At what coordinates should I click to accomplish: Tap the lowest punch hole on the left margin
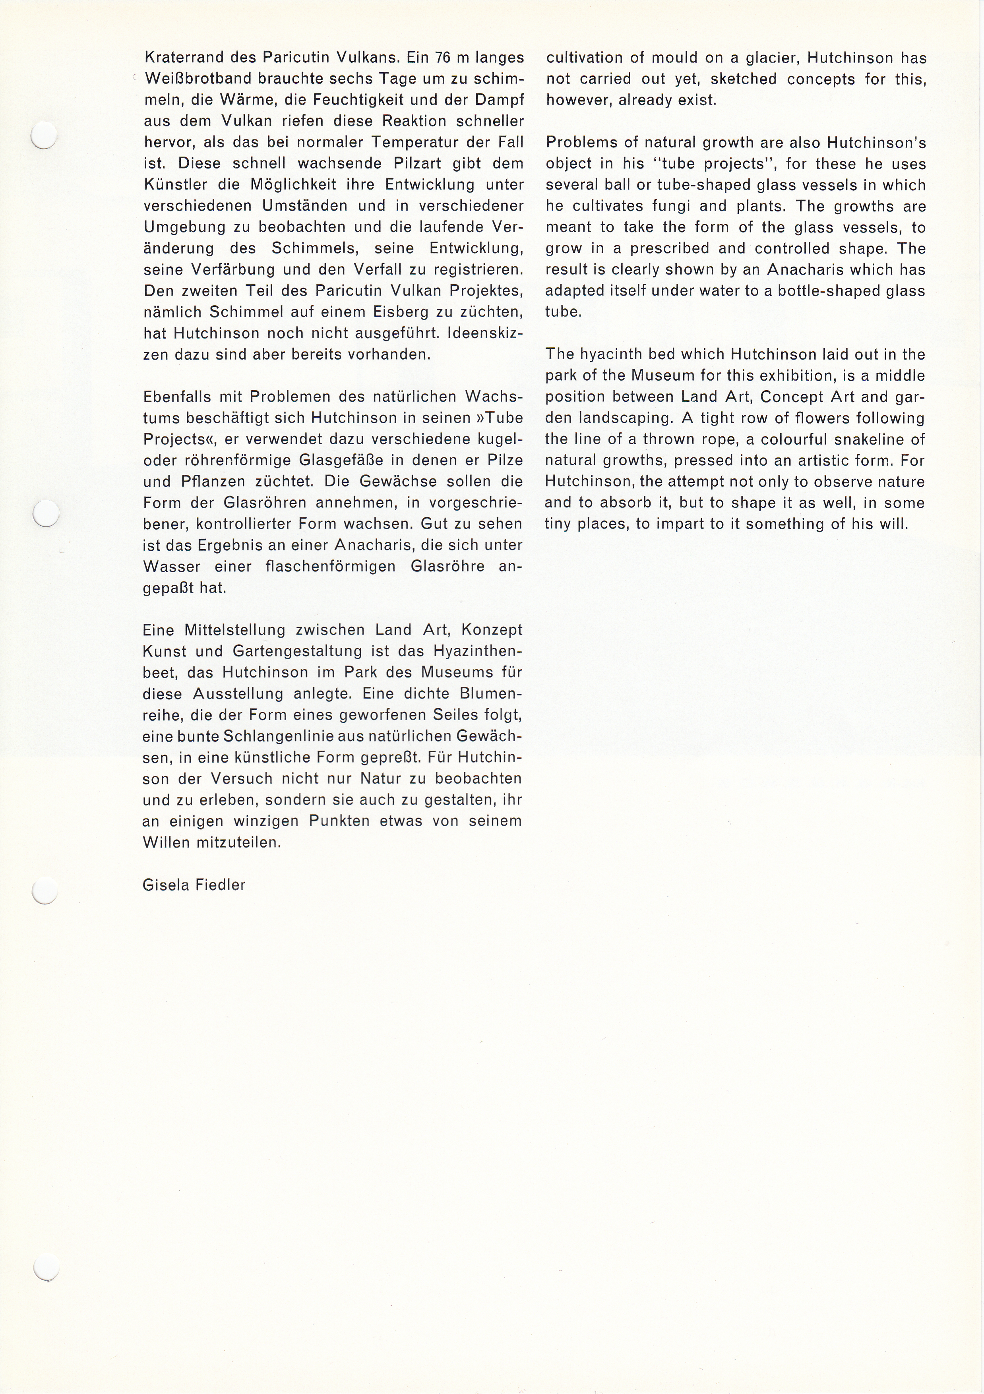[x=46, y=1268]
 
